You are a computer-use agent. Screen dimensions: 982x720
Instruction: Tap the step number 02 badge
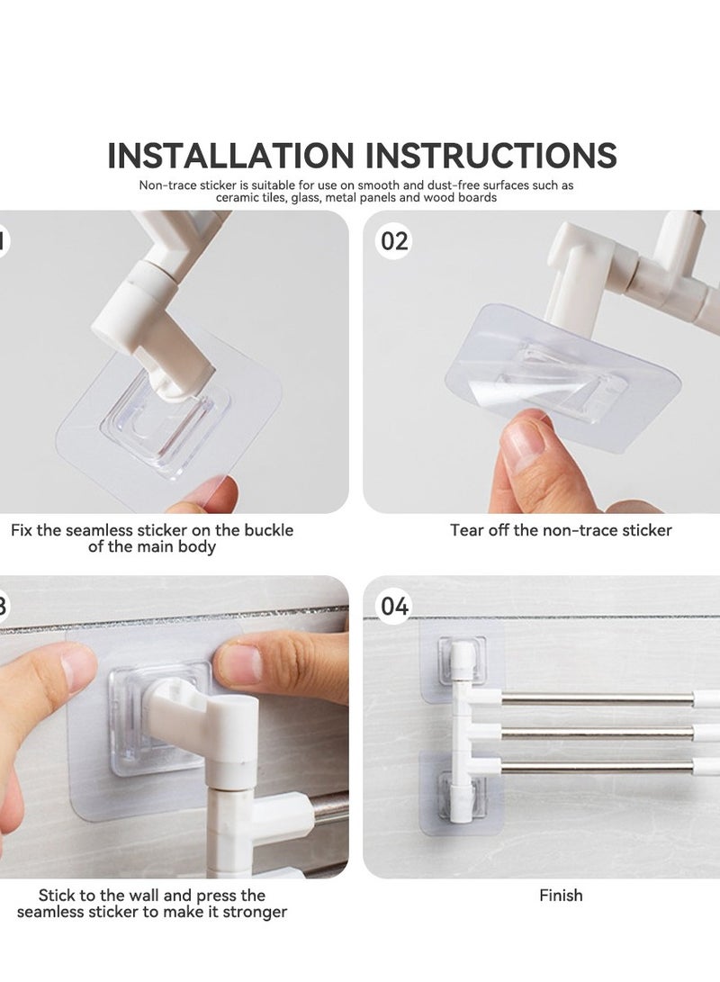point(394,241)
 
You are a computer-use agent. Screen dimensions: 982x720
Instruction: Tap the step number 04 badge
point(394,607)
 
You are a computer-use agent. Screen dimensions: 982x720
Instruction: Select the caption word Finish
point(561,895)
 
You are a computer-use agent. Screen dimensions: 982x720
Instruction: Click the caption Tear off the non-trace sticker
point(561,530)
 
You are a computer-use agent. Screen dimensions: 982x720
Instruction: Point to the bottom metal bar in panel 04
point(594,767)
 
